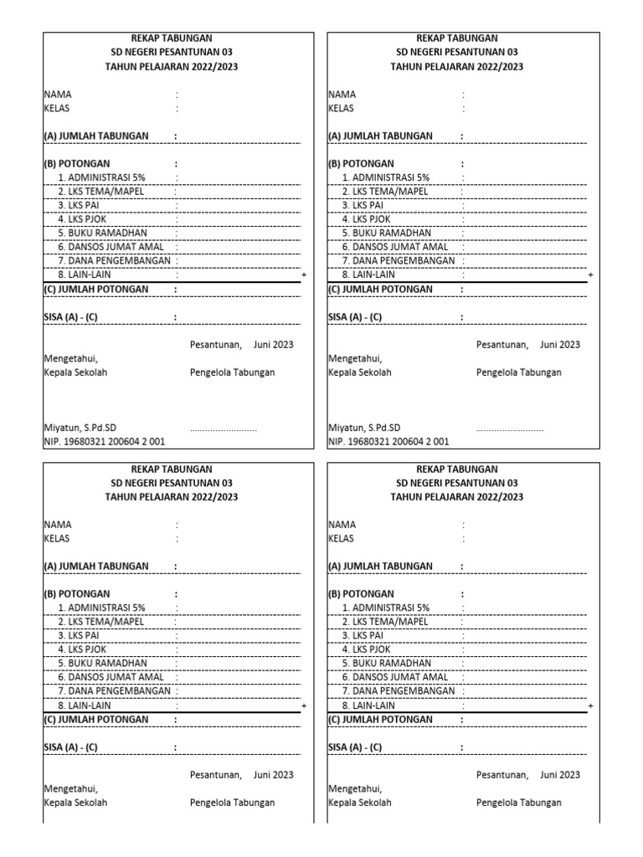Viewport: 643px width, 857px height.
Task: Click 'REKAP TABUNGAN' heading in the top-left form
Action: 172,38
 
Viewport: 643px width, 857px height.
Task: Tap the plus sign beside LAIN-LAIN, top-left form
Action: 303,275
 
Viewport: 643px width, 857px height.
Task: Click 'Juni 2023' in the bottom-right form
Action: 560,775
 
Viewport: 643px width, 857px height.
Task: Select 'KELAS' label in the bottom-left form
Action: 57,538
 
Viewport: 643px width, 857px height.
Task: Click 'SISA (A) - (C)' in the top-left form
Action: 70,317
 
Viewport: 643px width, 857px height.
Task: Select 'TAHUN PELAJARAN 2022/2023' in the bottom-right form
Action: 457,497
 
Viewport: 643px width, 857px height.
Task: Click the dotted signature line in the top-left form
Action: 224,428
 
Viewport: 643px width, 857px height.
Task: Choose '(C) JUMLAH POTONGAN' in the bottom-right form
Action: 380,719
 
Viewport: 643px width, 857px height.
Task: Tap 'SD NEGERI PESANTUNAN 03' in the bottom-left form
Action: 172,483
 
